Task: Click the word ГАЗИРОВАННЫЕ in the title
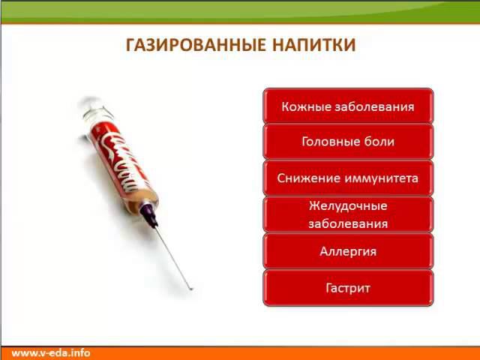pos(189,45)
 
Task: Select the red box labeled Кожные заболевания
pos(348,106)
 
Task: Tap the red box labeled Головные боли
pos(348,142)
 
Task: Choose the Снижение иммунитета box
pos(348,178)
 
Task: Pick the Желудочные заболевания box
pos(348,214)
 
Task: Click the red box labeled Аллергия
pos(348,251)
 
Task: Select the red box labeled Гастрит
pos(348,288)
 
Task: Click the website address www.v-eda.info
pos(51,352)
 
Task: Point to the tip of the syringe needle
pos(191,288)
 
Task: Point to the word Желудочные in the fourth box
pos(348,205)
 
